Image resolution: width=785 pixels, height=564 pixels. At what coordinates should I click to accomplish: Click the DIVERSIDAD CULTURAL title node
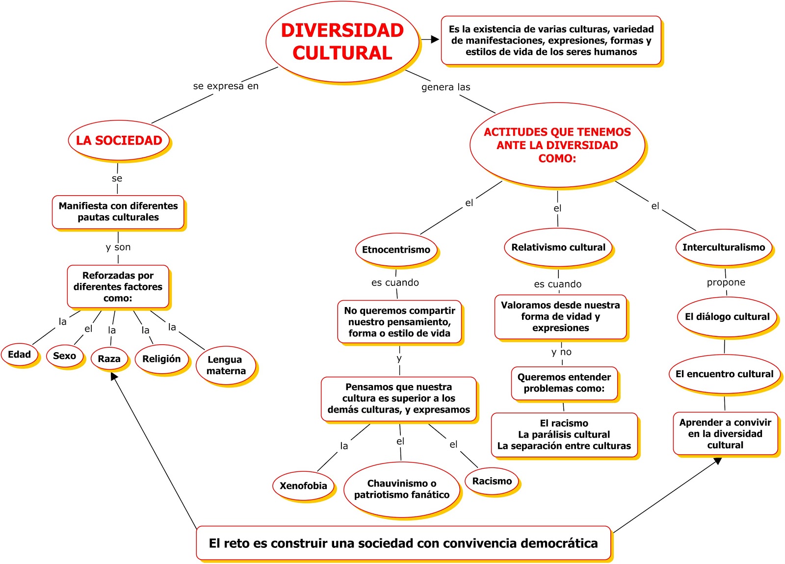pyautogui.click(x=342, y=42)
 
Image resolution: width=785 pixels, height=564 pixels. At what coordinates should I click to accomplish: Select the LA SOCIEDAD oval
pyautogui.click(x=119, y=140)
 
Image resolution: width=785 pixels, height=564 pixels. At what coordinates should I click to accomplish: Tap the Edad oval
pyautogui.click(x=20, y=355)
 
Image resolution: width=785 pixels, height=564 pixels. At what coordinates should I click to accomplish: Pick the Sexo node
pyautogui.click(x=65, y=356)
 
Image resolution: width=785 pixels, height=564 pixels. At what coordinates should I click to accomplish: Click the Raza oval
pyautogui.click(x=109, y=359)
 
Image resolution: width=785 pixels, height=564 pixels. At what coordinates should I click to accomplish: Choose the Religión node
pyautogui.click(x=161, y=359)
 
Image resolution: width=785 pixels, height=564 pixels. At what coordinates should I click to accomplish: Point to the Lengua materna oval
pyautogui.click(x=226, y=365)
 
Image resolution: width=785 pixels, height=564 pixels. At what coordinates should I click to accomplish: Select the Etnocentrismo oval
pyautogui.click(x=396, y=250)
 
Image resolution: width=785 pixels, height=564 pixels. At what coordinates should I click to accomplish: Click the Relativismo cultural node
pyautogui.click(x=558, y=248)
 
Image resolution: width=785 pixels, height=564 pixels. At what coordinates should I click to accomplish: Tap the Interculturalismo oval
pyautogui.click(x=724, y=248)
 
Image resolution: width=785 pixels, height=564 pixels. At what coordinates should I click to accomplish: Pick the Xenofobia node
pyautogui.click(x=303, y=486)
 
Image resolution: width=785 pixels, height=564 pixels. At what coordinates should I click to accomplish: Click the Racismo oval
pyautogui.click(x=492, y=481)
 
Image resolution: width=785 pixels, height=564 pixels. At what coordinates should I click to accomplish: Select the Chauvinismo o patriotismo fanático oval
pyautogui.click(x=402, y=489)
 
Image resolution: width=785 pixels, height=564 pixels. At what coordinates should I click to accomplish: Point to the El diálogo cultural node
pyautogui.click(x=727, y=317)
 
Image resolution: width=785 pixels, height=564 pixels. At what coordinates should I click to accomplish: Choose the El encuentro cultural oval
pyautogui.click(x=725, y=374)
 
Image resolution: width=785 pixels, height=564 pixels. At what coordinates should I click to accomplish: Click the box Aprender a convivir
pyautogui.click(x=725, y=434)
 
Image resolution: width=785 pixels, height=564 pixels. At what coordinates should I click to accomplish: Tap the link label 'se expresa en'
pyautogui.click(x=226, y=86)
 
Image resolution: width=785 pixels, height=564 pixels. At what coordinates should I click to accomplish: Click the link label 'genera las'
pyautogui.click(x=445, y=87)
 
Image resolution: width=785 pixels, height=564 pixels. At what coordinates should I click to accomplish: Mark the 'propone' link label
pyautogui.click(x=726, y=282)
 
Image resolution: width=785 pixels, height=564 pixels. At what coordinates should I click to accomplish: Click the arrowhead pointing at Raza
pyautogui.click(x=114, y=377)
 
